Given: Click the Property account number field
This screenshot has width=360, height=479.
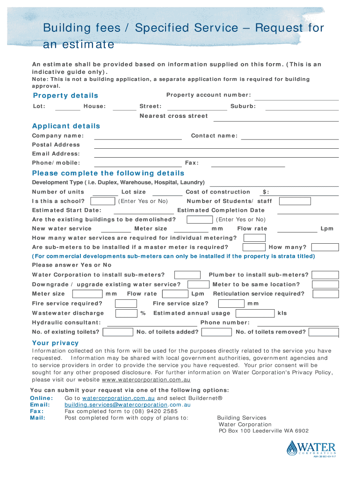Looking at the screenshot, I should [296, 97].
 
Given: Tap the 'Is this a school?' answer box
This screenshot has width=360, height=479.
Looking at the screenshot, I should [102, 201].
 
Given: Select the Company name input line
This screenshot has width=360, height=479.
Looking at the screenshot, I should [138, 137].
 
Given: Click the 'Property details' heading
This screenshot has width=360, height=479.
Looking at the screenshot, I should [65, 95].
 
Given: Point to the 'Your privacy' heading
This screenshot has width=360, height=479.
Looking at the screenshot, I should [55, 343].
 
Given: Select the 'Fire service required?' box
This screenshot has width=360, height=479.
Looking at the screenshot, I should [126, 304].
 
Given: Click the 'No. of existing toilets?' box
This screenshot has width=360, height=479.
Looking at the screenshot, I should [118, 332].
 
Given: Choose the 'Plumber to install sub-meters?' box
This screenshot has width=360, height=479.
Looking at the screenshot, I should [325, 275].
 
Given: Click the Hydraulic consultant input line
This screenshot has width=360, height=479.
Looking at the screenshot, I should [152, 323].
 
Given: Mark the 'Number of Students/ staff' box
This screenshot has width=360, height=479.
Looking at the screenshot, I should [295, 201].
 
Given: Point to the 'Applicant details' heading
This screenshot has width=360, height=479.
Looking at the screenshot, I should [66, 126].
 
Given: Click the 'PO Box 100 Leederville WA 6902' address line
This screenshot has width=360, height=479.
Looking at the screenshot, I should [264, 431].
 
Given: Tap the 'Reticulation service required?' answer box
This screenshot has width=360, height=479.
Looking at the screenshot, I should [325, 294].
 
